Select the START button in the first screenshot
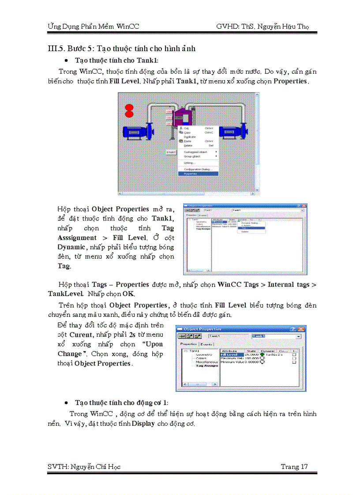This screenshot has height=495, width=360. pyautogui.click(x=171, y=152)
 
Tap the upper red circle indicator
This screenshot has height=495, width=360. pyautogui.click(x=129, y=107)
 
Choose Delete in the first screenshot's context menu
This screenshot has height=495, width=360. pyautogui.click(x=188, y=145)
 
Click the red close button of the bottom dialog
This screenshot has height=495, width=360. pyautogui.click(x=301, y=329)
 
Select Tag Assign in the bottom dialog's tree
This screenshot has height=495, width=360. pyautogui.click(x=207, y=365)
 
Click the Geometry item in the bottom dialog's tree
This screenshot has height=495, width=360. pyautogui.click(x=204, y=354)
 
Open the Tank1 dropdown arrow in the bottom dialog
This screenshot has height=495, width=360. pyautogui.click(x=299, y=336)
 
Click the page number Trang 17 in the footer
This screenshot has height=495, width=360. pyautogui.click(x=294, y=467)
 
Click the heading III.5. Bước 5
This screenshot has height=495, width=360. pyautogui.click(x=121, y=48)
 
